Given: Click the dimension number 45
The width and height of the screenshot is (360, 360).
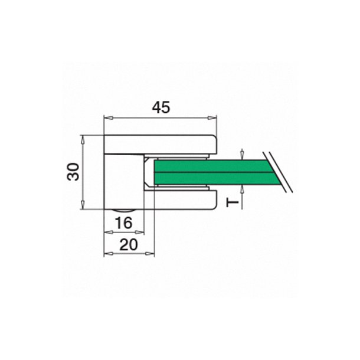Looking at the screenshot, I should pos(161,107).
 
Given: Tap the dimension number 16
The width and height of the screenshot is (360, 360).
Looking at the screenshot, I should pos(123,222).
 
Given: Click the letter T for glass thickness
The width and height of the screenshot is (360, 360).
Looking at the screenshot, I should pos(233,202).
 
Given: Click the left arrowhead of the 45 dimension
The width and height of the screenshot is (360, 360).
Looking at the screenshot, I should pos(107,118).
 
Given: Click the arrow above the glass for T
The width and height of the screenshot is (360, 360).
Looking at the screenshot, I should pos(243,155).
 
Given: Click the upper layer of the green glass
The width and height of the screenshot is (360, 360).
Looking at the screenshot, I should pos(212,165).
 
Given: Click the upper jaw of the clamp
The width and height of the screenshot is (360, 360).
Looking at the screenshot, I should pos(177,145).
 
